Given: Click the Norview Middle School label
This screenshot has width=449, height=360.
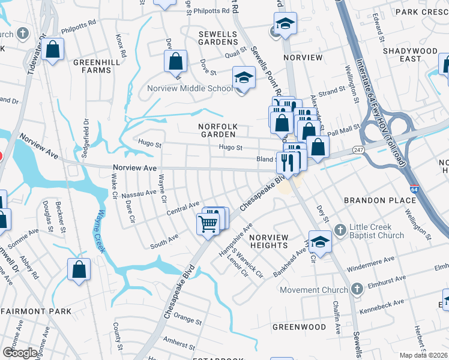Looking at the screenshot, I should pyautogui.click(x=190, y=89).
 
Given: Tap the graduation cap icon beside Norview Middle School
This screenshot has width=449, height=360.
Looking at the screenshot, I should pyautogui.click(x=243, y=78).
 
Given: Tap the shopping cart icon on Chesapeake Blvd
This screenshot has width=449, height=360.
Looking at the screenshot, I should pyautogui.click(x=208, y=224).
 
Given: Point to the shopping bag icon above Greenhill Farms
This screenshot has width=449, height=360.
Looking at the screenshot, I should pyautogui.click(x=53, y=50).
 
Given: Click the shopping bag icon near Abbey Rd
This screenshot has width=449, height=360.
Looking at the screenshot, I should pyautogui.click(x=79, y=270).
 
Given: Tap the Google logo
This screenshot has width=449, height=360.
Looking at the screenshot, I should pyautogui.click(x=20, y=352).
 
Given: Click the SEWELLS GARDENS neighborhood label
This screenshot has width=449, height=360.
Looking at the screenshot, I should pyautogui.click(x=218, y=38).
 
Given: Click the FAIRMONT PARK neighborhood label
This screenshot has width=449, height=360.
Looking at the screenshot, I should pyautogui.click(x=36, y=312).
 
